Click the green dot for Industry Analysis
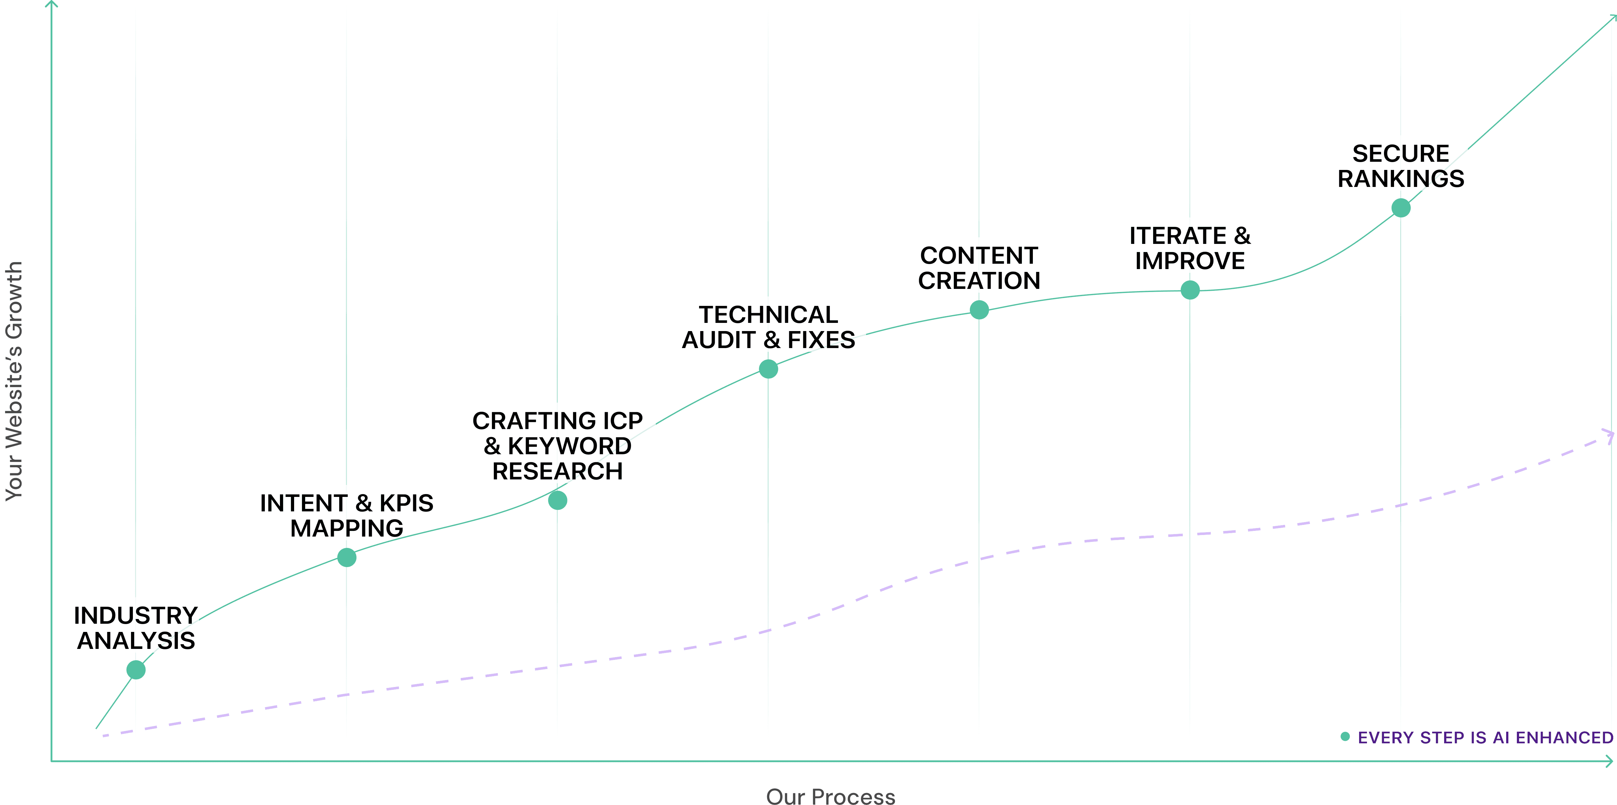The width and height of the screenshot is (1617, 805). [x=136, y=669]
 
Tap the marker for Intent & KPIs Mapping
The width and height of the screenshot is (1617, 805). [x=346, y=557]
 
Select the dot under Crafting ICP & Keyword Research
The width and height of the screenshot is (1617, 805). [x=557, y=500]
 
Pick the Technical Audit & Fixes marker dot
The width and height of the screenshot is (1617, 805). [x=768, y=369]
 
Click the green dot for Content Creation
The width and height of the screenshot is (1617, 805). [x=979, y=309]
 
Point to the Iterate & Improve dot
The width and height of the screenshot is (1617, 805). [x=1190, y=290]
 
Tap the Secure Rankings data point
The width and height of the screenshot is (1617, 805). [x=1401, y=208]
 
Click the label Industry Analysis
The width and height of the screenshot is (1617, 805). [x=136, y=628]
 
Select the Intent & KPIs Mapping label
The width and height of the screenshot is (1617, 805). [x=346, y=516]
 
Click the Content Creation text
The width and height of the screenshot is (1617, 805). [x=979, y=268]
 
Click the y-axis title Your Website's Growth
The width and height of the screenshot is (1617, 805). [x=14, y=381]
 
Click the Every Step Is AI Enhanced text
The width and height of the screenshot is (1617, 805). [x=1485, y=737]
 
